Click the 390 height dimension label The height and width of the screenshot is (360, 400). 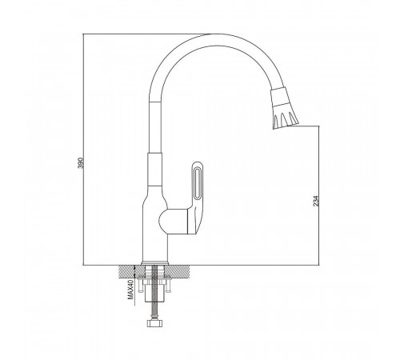point(81,163)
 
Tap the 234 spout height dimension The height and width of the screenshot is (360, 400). point(316,201)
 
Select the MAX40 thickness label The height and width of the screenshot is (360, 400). point(130,290)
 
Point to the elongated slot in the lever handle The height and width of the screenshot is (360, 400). point(198,183)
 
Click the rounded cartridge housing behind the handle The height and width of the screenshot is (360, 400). point(174,222)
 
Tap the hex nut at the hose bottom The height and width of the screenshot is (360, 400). point(154,323)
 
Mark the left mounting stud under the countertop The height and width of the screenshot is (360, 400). point(140,286)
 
